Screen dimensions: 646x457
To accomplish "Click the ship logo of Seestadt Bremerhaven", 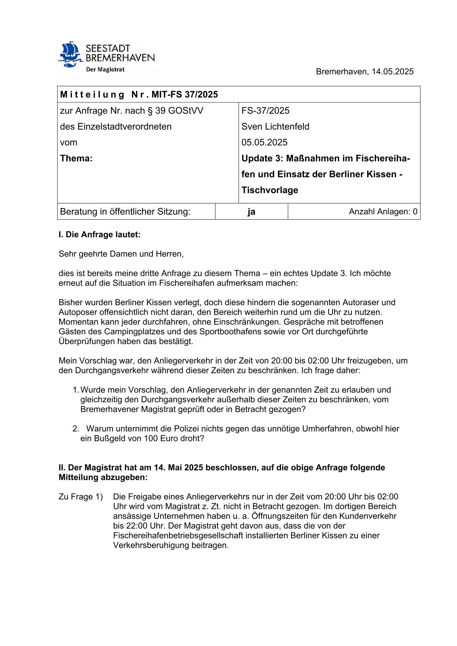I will pyautogui.click(x=70, y=54).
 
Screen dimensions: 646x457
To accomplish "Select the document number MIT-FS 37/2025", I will pyautogui.click(x=184, y=94).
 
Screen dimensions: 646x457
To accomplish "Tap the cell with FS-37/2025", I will pyautogui.click(x=265, y=111).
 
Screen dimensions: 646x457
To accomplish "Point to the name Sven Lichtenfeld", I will pyautogui.click(x=275, y=127).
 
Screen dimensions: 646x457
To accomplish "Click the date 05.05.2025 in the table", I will pyautogui.click(x=264, y=142).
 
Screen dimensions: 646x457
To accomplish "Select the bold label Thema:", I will pyautogui.click(x=76, y=159).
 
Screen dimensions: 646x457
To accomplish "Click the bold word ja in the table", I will pyautogui.click(x=251, y=211).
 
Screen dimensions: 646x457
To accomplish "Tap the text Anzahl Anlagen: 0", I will pyautogui.click(x=383, y=211).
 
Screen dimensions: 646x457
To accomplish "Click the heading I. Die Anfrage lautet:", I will pyautogui.click(x=99, y=235).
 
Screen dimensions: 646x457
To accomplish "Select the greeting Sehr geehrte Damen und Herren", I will pyautogui.click(x=121, y=254).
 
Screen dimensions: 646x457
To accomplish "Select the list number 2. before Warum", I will pyautogui.click(x=76, y=429).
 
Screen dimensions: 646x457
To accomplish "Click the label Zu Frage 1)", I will pyautogui.click(x=81, y=497).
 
